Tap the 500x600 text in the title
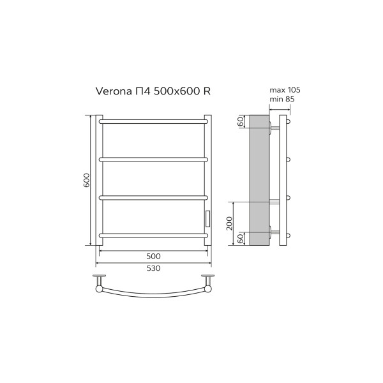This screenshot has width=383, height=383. pyautogui.click(x=172, y=92)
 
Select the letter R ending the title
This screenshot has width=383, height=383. pyautogui.click(x=206, y=92)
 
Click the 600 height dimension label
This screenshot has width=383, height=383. pyautogui.click(x=86, y=181)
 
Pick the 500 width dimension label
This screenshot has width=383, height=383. pyautogui.click(x=153, y=255)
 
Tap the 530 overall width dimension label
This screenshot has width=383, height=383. pyautogui.click(x=153, y=267)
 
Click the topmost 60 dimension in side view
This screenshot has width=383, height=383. pyautogui.click(x=241, y=122)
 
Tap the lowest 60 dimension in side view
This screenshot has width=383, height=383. pyautogui.click(x=241, y=239)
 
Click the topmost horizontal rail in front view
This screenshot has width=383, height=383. pyautogui.click(x=153, y=119)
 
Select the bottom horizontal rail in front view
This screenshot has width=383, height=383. pyautogui.click(x=153, y=236)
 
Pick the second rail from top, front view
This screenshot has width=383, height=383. pyautogui.click(x=153, y=158)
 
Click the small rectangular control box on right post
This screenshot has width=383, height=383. pyautogui.click(x=207, y=218)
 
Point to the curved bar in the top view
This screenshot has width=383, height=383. pyautogui.click(x=153, y=297)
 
